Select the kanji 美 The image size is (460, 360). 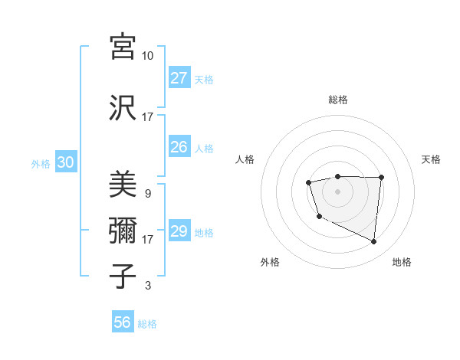(x=123, y=185)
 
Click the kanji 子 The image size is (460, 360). (x=123, y=276)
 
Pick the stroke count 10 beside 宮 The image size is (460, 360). (x=147, y=56)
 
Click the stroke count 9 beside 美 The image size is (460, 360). (x=147, y=194)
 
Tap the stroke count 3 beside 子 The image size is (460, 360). (x=147, y=286)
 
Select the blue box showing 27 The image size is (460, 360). (x=179, y=78)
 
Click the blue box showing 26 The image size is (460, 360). (x=179, y=147)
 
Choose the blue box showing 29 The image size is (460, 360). (x=179, y=231)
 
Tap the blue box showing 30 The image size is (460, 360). (x=65, y=162)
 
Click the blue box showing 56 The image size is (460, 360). (x=122, y=322)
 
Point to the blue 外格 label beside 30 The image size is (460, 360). (x=41, y=164)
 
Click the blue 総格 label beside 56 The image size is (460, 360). (x=147, y=324)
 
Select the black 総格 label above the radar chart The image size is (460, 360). (x=337, y=100)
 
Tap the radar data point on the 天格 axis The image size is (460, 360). (x=382, y=178)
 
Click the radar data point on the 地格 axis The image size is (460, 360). (x=374, y=242)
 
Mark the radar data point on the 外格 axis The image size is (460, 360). (x=319, y=218)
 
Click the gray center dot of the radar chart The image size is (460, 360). (x=337, y=191)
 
